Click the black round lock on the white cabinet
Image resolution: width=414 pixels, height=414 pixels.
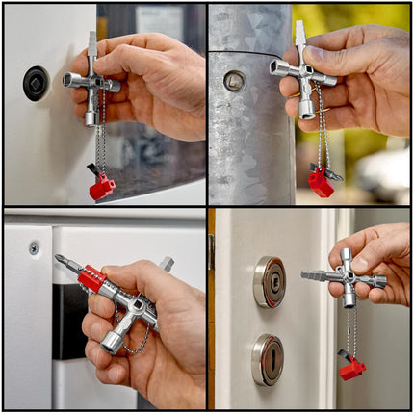(x=36, y=83)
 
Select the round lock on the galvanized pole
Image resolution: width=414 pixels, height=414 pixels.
(x=234, y=81)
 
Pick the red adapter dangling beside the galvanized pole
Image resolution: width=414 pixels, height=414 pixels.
(x=320, y=181)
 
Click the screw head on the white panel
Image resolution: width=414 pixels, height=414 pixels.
(x=34, y=247)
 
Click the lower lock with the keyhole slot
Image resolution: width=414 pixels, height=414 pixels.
(x=267, y=358)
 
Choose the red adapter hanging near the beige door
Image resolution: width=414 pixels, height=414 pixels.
(x=352, y=368)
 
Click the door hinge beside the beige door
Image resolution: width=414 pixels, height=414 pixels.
(x=211, y=252)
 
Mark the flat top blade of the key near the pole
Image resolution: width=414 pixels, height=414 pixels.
(x=300, y=39)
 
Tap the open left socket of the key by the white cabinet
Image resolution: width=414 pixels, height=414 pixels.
(x=68, y=81)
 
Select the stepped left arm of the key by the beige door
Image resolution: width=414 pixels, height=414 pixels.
(x=316, y=277)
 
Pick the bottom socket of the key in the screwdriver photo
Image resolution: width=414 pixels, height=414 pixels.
(x=112, y=339)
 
